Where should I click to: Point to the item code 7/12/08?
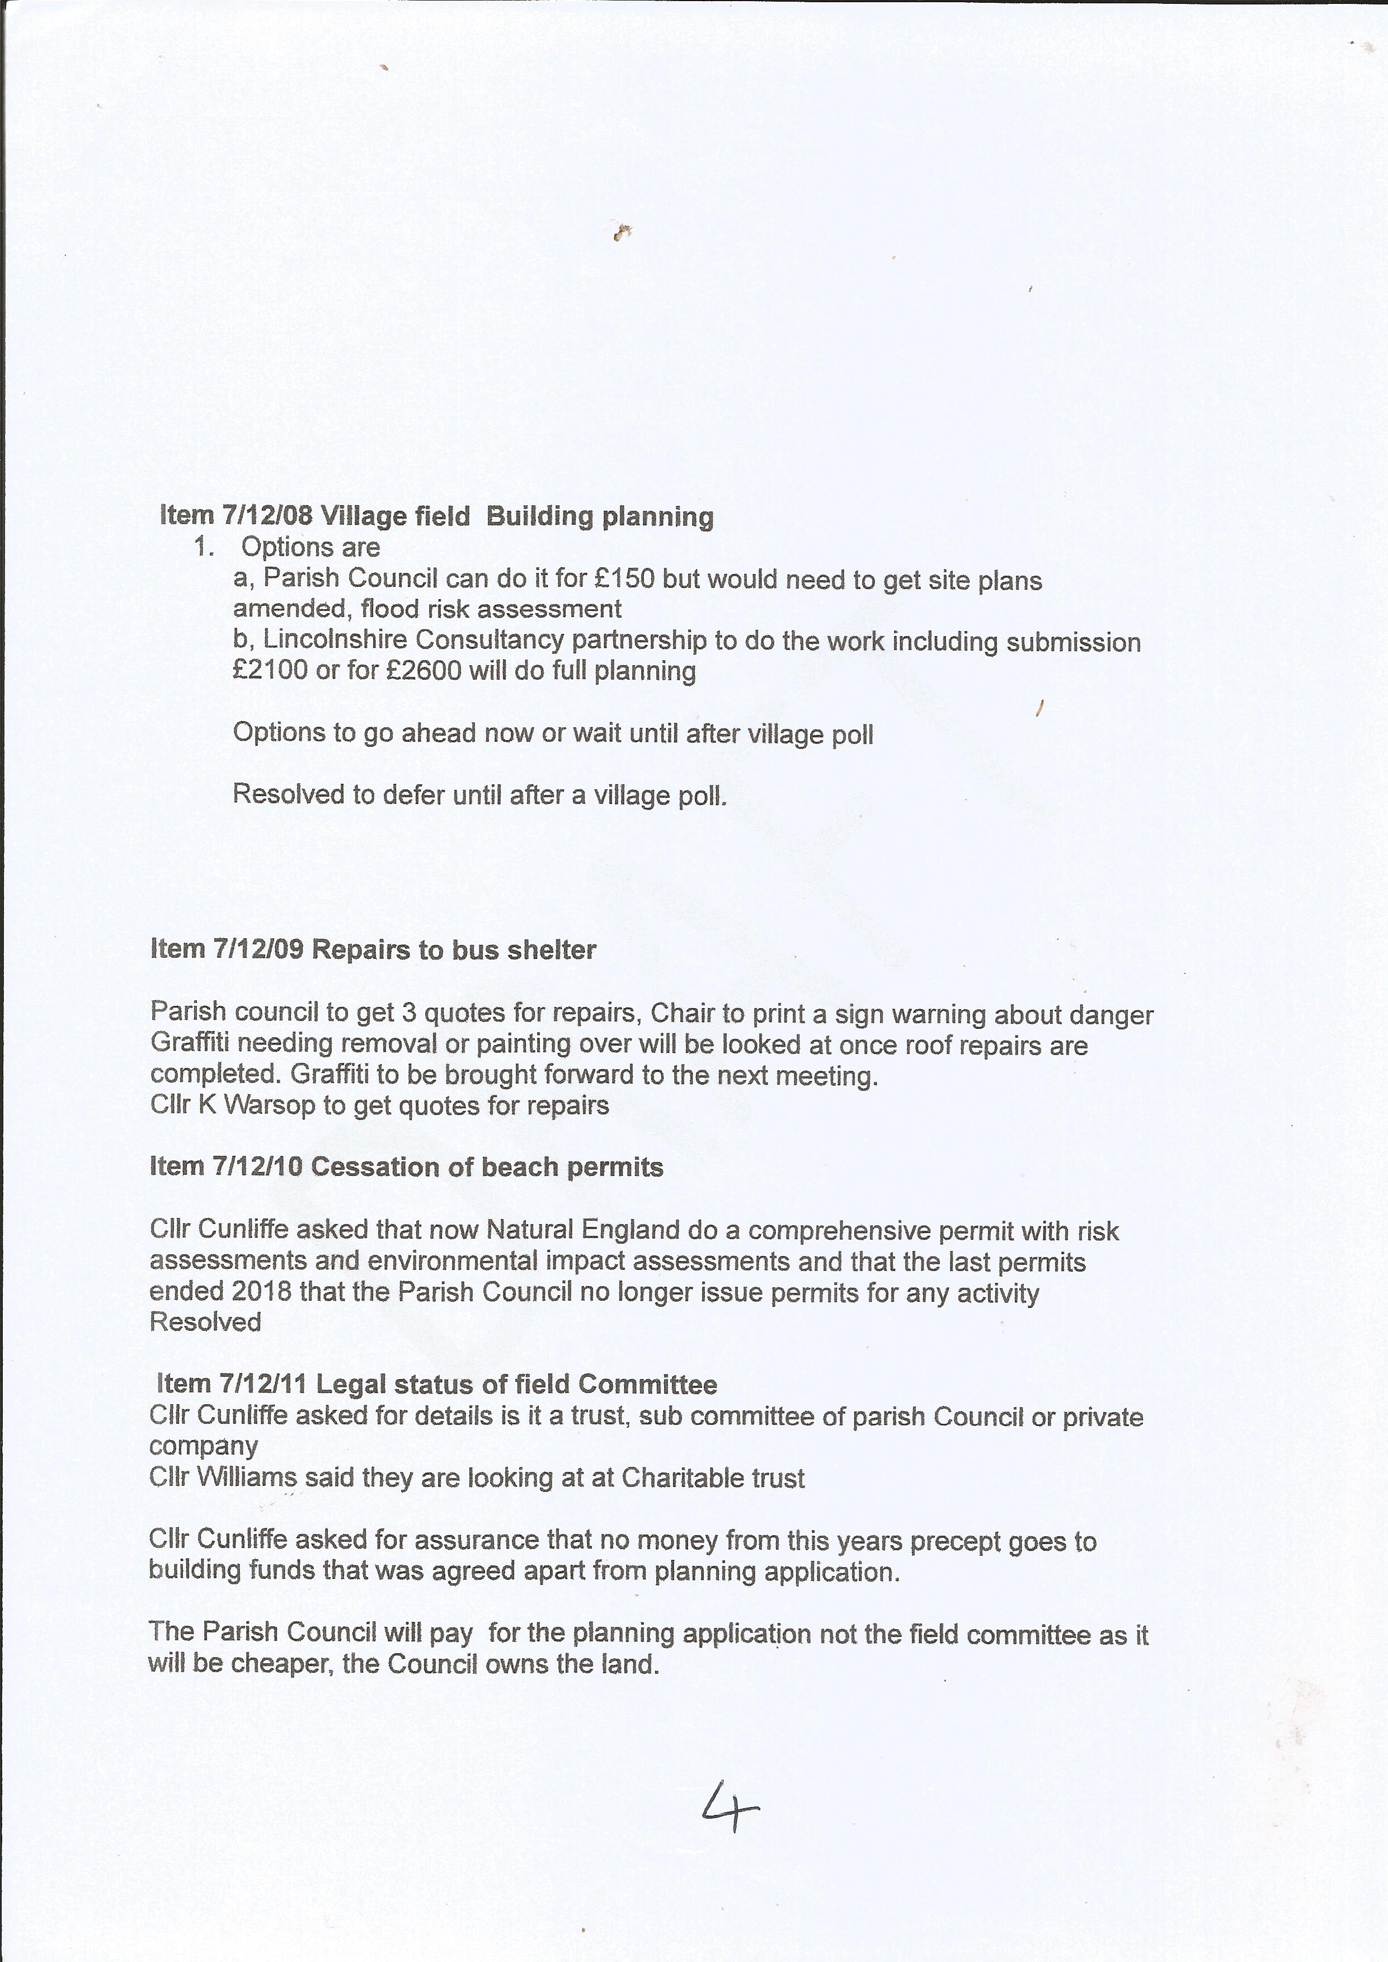(267, 516)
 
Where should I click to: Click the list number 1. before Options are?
(204, 547)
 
